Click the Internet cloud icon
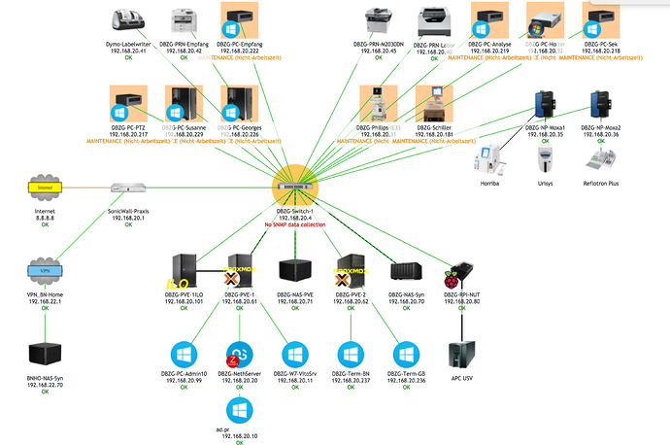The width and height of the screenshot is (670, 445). [x=45, y=186]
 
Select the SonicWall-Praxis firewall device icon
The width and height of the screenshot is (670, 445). [x=127, y=187]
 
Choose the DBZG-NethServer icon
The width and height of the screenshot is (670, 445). [x=239, y=354]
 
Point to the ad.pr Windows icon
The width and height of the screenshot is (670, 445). [x=239, y=407]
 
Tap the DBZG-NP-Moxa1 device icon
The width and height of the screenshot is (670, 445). [x=544, y=104]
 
